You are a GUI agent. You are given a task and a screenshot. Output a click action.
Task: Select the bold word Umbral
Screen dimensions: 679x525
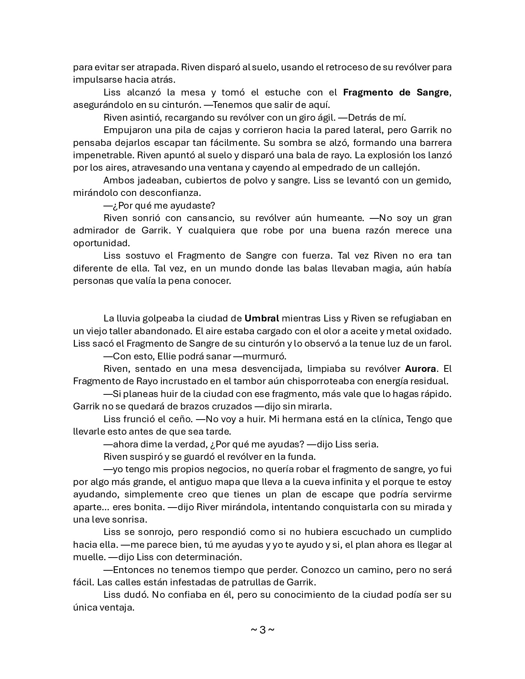pyautogui.click(x=262, y=318)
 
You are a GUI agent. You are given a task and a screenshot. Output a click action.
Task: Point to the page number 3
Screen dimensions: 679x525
pyautogui.click(x=262, y=630)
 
